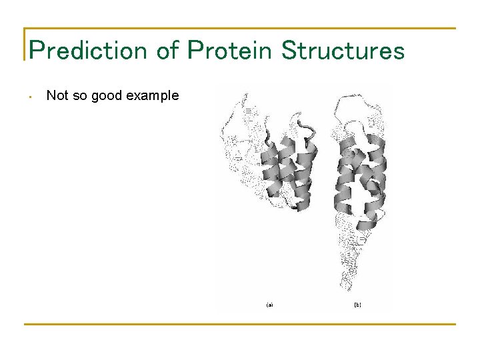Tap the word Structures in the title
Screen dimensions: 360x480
343,50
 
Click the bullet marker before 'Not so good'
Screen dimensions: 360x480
31,97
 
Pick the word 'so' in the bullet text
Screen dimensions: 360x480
80,95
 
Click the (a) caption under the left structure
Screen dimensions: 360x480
269,305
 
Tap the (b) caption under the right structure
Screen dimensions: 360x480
357,305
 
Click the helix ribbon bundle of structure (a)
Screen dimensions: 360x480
287,170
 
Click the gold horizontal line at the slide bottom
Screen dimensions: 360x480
240,324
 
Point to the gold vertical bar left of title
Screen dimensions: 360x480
25,44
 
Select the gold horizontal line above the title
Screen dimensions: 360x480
240,29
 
